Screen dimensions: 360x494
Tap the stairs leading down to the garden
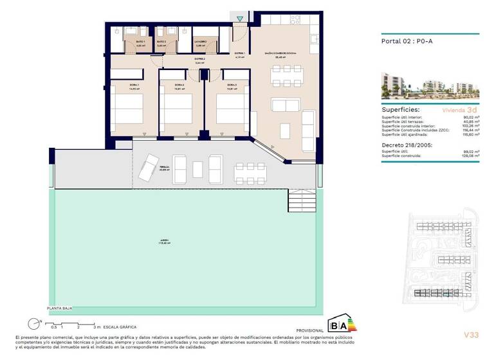[304, 201]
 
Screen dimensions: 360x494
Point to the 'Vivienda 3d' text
[462, 110]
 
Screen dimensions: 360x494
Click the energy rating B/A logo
[342, 323]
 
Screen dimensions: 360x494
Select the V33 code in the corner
[471, 334]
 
